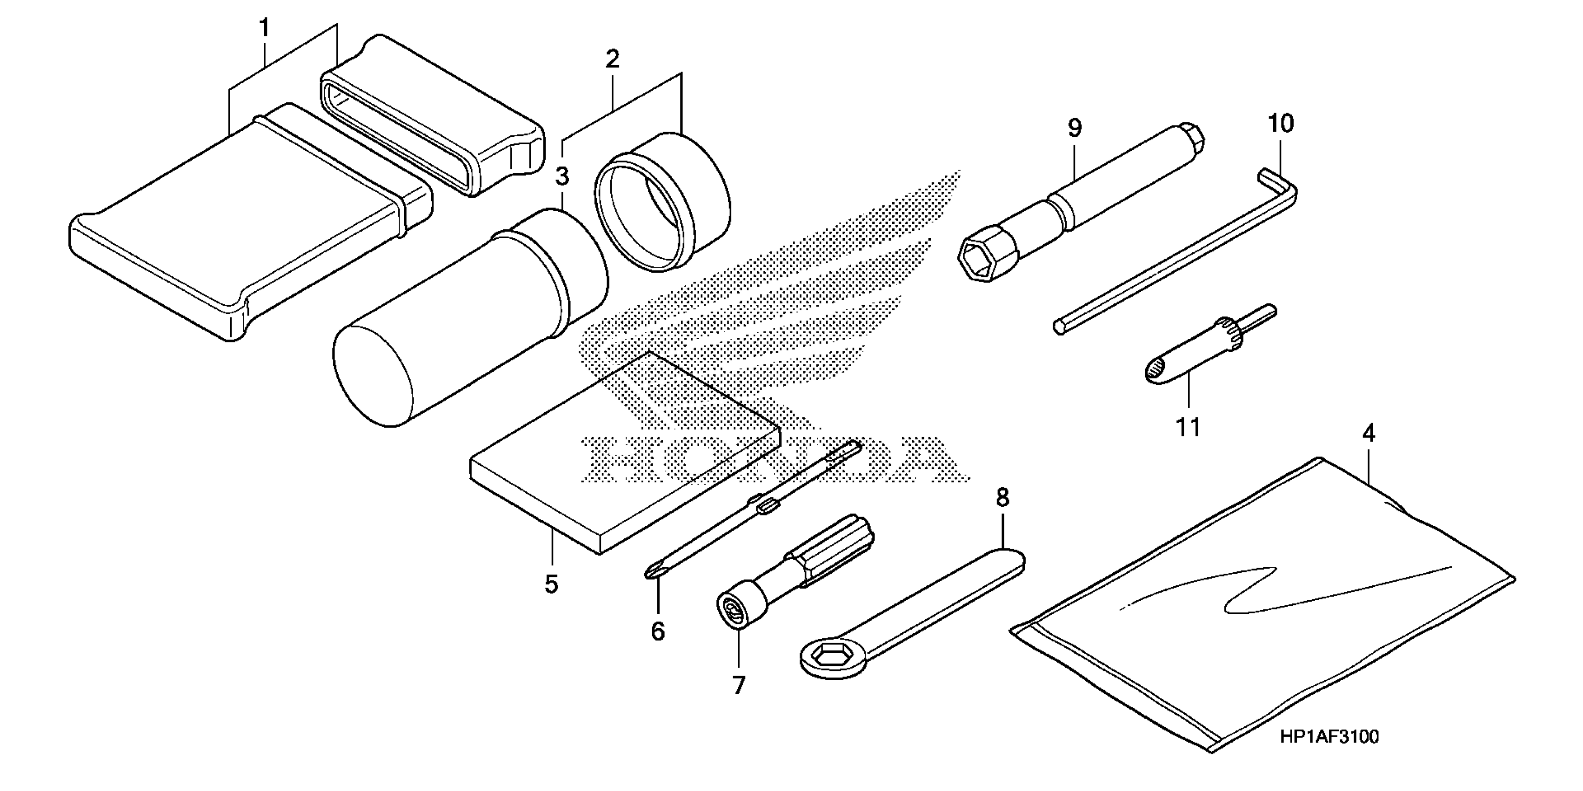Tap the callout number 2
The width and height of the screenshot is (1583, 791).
click(x=612, y=60)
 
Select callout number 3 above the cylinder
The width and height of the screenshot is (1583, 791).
click(x=561, y=176)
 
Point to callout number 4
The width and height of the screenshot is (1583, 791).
click(x=1368, y=434)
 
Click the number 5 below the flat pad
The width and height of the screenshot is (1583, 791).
click(x=551, y=584)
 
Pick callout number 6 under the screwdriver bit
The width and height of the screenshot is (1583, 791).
click(x=658, y=631)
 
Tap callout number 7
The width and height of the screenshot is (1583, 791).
click(x=739, y=685)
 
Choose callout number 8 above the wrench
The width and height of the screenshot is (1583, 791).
click(x=1002, y=498)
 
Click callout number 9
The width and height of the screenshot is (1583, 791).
click(x=1074, y=128)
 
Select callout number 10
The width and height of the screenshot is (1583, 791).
click(x=1281, y=124)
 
